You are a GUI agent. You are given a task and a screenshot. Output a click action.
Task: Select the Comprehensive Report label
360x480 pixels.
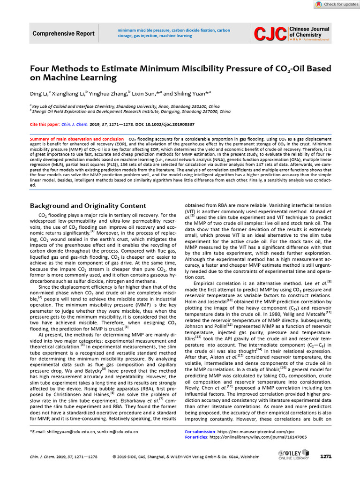[63, 34]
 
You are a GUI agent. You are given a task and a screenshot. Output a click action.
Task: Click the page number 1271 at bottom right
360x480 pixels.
[326, 456]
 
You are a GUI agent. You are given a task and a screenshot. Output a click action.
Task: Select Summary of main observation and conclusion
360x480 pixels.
[77, 140]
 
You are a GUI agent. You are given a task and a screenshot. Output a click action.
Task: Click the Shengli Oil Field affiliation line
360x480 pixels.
[131, 112]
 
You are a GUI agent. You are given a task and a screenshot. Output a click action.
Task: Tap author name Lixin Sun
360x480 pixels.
[146, 93]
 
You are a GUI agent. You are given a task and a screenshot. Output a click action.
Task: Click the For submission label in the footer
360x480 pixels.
[200, 431]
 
